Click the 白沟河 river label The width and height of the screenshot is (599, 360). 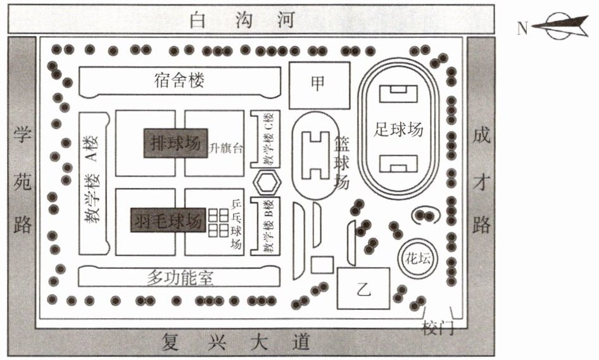click(243, 20)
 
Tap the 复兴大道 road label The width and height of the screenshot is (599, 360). click(236, 342)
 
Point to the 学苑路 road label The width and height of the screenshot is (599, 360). click(22, 180)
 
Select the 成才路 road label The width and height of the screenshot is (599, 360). click(481, 180)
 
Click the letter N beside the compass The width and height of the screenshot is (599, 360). click(522, 28)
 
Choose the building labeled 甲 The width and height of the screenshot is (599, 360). click(319, 85)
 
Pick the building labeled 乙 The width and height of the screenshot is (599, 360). click(363, 289)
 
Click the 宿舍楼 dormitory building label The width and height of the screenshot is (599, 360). click(180, 80)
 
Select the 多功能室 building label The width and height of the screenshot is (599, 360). click(180, 278)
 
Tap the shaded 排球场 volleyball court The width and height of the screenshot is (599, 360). click(176, 143)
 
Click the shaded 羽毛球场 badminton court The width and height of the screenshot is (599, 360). click(168, 220)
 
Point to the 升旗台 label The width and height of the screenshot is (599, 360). click(226, 148)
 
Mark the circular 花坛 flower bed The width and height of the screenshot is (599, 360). click(417, 259)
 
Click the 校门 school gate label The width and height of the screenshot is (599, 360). click(438, 328)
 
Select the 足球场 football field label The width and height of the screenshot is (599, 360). click(398, 129)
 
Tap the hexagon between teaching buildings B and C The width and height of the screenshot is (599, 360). click(267, 183)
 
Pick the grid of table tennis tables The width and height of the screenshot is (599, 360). click(218, 223)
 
